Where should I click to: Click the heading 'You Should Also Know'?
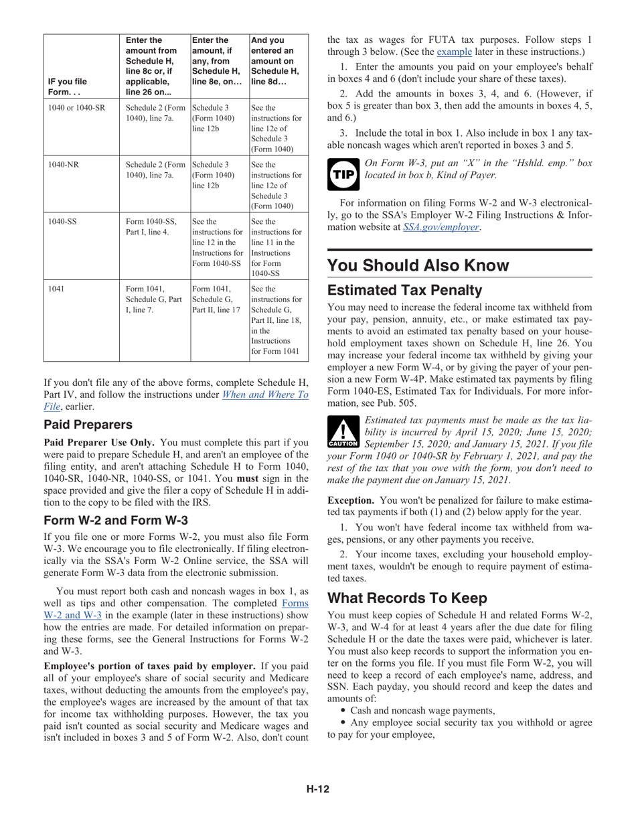(x=418, y=265)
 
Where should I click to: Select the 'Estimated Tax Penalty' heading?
(x=404, y=290)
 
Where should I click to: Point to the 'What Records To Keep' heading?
(x=407, y=598)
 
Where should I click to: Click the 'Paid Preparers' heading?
(x=88, y=425)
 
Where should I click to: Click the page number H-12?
(x=318, y=789)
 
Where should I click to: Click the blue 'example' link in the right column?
(x=455, y=52)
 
